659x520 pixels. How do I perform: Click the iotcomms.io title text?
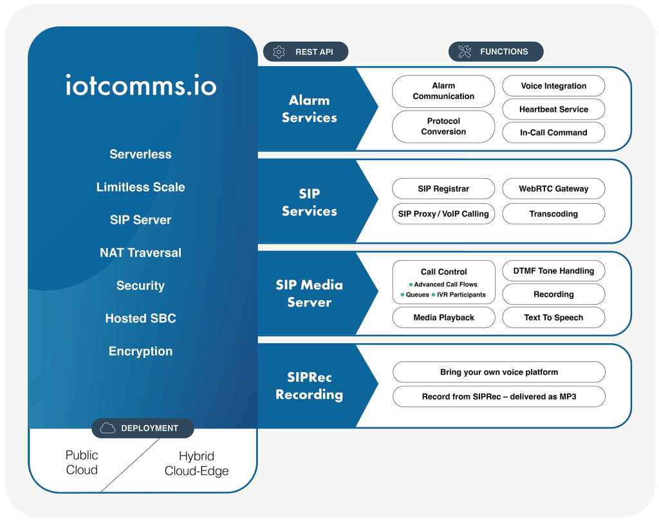tap(141, 85)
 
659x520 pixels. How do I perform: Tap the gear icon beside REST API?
tap(279, 52)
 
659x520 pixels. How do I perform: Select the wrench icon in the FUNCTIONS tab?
tap(465, 52)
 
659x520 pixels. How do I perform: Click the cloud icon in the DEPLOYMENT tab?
tap(107, 428)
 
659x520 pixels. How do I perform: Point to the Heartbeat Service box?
tap(553, 109)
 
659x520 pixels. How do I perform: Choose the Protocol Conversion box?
tap(443, 127)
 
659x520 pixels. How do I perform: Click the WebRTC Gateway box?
tap(553, 189)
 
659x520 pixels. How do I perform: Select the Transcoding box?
tap(553, 214)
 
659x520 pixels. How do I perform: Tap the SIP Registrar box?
tap(443, 189)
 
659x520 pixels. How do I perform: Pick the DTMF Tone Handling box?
tap(553, 271)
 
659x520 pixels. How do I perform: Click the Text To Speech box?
tap(553, 318)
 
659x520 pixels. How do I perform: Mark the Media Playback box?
tap(443, 318)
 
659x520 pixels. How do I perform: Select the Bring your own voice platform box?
tap(499, 372)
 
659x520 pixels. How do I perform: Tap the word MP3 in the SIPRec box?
tap(567, 397)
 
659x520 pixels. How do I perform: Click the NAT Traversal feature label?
tap(140, 253)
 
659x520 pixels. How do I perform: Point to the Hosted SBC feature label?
tap(140, 318)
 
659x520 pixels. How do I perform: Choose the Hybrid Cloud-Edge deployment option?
tap(196, 463)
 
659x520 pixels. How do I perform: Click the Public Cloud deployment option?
tap(82, 463)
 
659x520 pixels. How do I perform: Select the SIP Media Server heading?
tap(309, 294)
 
